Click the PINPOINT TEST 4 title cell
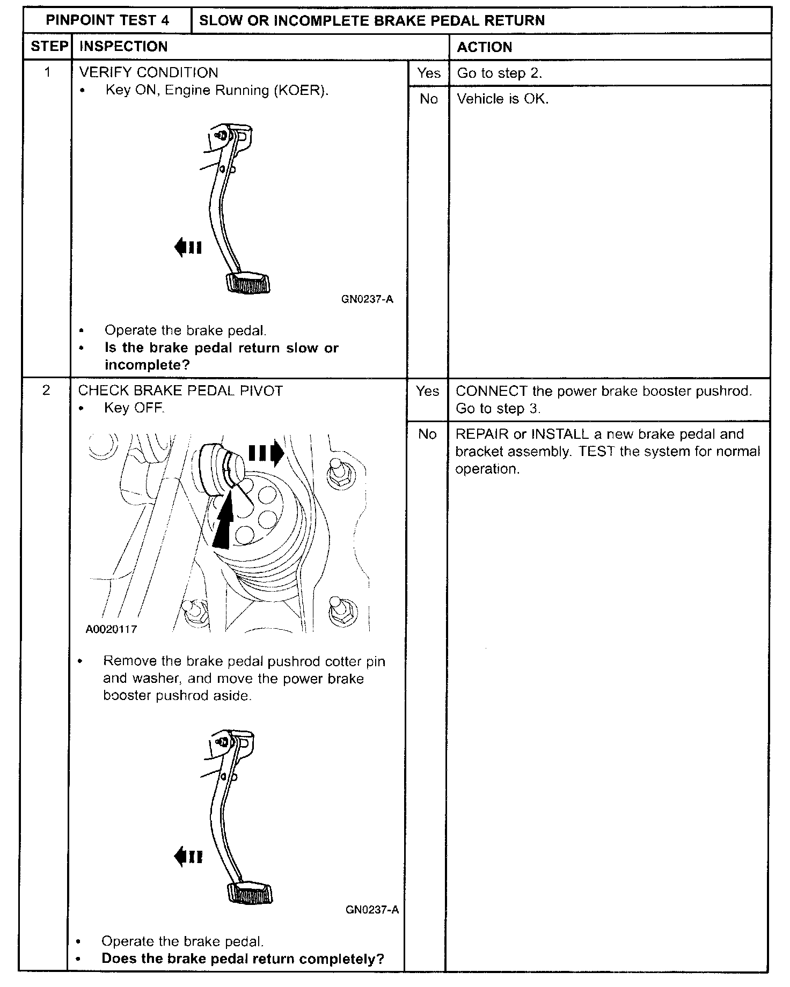107,20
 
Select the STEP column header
49,47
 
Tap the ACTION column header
484,47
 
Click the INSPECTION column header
123,47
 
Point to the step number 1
47,72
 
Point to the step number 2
46,390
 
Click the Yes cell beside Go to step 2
428,73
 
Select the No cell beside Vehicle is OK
428,99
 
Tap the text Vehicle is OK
502,99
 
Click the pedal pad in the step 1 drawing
248,283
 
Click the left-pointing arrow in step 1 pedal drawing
187,247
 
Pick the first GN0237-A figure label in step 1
367,299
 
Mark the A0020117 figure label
111,629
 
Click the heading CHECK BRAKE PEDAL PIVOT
180,391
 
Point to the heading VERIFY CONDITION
149,72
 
